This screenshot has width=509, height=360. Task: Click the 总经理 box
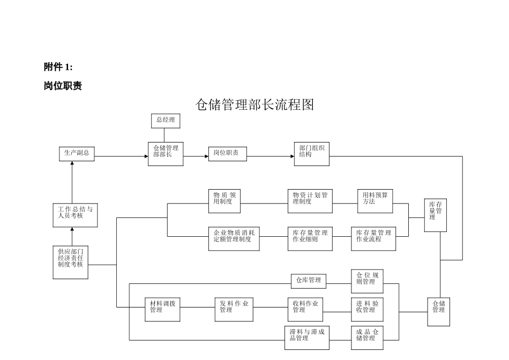coord(166,121)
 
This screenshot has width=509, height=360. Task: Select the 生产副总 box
coord(76,154)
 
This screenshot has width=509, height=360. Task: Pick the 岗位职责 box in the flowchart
coord(227,154)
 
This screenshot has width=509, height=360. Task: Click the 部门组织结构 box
coord(311,153)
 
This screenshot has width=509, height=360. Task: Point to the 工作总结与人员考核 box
coord(75,214)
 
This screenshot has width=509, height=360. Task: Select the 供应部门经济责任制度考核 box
coord(70,262)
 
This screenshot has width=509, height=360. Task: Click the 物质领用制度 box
coord(224,200)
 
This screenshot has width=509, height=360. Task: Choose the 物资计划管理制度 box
coord(310,200)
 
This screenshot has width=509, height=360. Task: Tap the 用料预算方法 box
coord(375,200)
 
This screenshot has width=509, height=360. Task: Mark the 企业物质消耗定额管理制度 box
coord(234,239)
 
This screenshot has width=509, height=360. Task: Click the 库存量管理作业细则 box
coord(310,239)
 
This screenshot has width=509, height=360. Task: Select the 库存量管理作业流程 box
coord(373,239)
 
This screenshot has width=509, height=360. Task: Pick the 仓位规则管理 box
coord(367,281)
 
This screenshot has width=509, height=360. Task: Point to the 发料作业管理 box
coord(234,309)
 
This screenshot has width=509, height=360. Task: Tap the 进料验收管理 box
coord(367,309)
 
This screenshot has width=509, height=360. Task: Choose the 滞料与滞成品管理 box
coord(306,337)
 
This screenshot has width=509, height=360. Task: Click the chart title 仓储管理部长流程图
coord(254,104)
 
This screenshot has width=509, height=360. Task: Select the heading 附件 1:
coord(58,67)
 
